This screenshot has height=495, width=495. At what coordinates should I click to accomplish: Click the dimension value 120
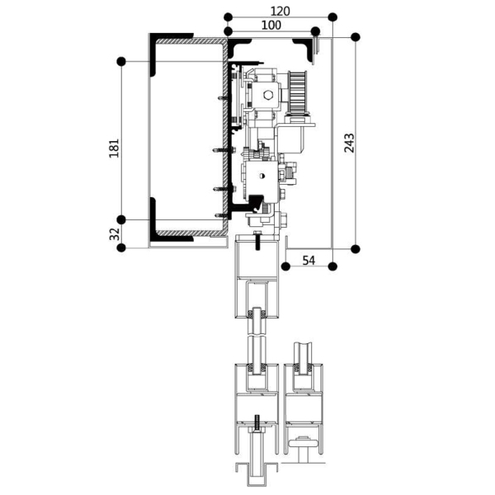280,11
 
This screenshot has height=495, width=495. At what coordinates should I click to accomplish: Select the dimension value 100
270,26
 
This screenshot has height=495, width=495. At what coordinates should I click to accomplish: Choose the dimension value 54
309,261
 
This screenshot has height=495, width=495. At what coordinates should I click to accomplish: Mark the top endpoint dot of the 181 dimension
122,61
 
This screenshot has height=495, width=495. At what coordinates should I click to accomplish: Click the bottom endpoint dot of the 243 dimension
356,248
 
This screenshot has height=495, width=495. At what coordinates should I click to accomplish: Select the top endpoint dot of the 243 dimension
356,37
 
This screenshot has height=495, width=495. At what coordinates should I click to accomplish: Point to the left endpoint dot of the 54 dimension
284,266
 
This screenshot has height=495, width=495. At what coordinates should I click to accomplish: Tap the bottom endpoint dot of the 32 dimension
122,247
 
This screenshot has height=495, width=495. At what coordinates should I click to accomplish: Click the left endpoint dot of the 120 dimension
227,16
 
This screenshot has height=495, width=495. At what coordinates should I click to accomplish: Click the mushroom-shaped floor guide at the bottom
306,447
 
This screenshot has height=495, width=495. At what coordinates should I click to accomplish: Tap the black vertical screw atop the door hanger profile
257,242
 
